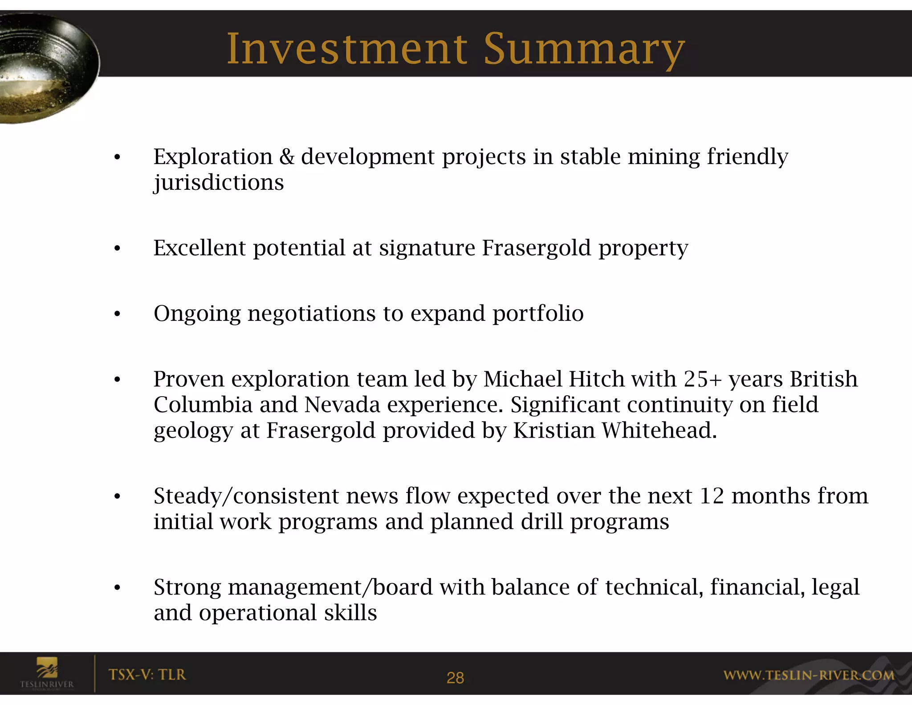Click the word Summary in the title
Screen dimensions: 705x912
(584, 50)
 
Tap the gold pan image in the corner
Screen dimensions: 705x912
(45, 67)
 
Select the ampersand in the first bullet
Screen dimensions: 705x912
(287, 157)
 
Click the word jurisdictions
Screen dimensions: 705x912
(219, 183)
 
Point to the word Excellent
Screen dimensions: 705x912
(199, 248)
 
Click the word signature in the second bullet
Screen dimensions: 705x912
(427, 249)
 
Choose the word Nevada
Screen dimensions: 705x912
(342, 405)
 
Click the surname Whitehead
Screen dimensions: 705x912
(659, 431)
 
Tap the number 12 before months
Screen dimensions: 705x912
(712, 496)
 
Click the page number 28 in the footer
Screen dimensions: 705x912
(455, 678)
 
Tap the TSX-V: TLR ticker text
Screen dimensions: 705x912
(147, 675)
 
